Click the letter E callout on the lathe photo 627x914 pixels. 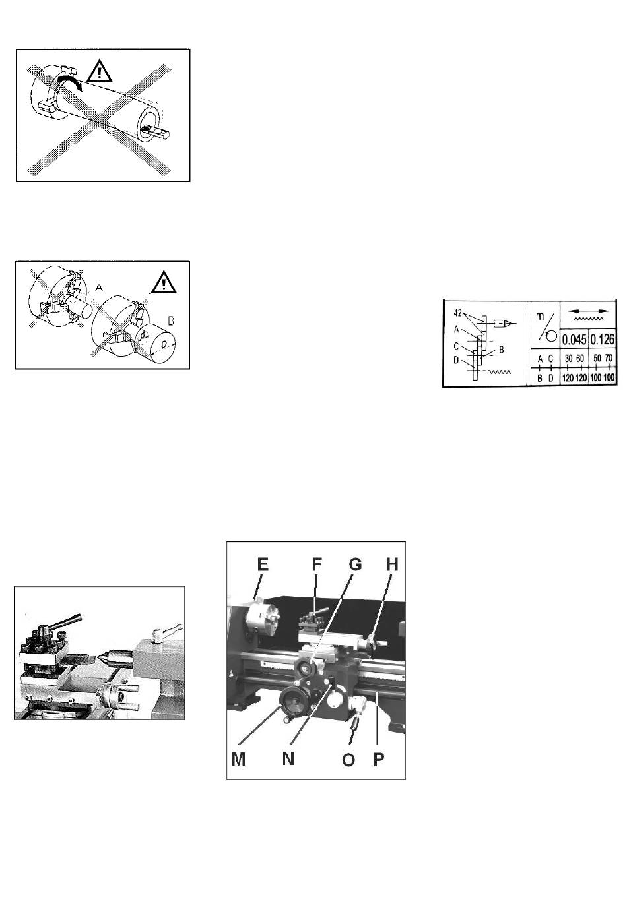pyautogui.click(x=263, y=564)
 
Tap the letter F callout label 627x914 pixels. pyautogui.click(x=317, y=564)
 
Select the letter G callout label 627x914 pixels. pyautogui.click(x=355, y=564)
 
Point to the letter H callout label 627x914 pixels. pyautogui.click(x=392, y=564)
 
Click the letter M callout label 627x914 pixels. pyautogui.click(x=238, y=759)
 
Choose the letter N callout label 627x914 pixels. pyautogui.click(x=288, y=758)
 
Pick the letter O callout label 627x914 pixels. pyautogui.click(x=348, y=759)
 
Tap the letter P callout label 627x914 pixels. pyautogui.click(x=379, y=759)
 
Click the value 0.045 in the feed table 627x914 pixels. pyautogui.click(x=574, y=340)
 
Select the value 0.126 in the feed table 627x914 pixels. pyautogui.click(x=603, y=340)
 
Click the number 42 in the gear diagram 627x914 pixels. pyautogui.click(x=457, y=313)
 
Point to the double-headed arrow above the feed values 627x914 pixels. pyautogui.click(x=589, y=311)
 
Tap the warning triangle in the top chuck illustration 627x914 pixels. pyautogui.click(x=98, y=70)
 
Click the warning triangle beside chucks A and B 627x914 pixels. pyautogui.click(x=164, y=282)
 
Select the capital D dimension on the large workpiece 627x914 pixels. pyautogui.click(x=164, y=345)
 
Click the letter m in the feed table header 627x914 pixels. pyautogui.click(x=540, y=317)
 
